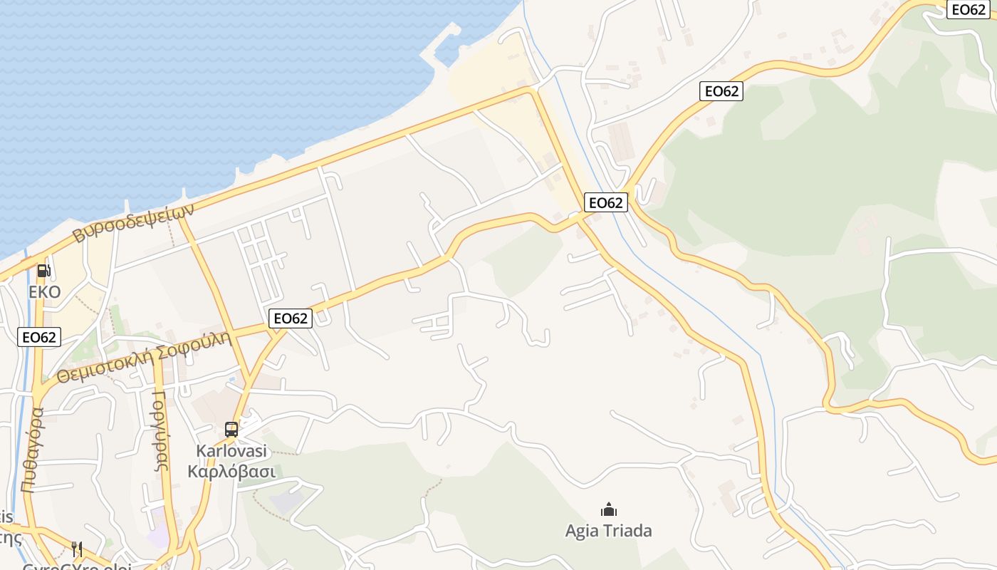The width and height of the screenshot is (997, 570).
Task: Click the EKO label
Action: click(44, 292)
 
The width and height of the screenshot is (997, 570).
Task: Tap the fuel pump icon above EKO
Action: click(43, 271)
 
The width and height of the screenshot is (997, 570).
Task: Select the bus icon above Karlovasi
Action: click(231, 429)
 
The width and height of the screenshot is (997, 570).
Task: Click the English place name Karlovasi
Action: click(231, 451)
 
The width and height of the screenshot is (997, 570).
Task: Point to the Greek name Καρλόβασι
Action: click(231, 471)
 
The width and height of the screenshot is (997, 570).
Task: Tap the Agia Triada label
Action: click(608, 531)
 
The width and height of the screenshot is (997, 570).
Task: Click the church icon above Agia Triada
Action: click(608, 509)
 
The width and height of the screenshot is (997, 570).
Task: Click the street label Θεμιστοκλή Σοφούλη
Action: click(145, 357)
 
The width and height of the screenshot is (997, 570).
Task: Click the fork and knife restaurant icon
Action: click(77, 549)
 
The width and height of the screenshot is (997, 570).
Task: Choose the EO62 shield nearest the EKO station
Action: click(39, 337)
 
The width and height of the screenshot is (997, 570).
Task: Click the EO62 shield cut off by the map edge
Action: click(970, 9)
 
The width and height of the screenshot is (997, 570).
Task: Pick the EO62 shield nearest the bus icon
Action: click(291, 318)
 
